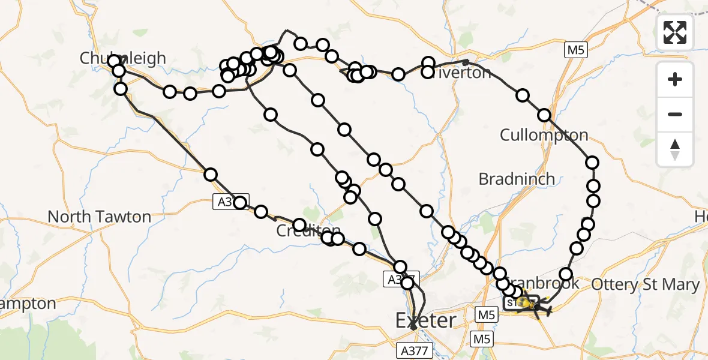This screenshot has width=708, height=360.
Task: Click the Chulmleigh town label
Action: [123, 58]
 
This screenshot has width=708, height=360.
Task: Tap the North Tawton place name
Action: [99, 217]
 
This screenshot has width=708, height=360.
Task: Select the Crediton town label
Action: [308, 232]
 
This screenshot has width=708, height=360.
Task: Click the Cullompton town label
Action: [544, 134]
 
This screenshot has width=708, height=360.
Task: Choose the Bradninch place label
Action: [517, 179]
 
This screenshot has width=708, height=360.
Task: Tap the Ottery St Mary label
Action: [646, 285]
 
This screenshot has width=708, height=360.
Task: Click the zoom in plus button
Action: [675, 80]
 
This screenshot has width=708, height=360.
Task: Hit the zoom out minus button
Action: [675, 114]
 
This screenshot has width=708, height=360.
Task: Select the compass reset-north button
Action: [675, 149]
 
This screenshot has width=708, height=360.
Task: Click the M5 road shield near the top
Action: [575, 51]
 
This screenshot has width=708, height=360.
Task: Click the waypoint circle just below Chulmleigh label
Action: [118, 71]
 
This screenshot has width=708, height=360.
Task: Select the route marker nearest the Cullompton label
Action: [544, 115]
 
